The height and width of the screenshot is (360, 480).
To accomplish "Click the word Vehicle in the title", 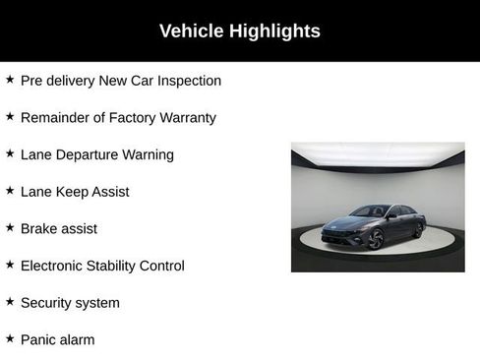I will pos(191,31).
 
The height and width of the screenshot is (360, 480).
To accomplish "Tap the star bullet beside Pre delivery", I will pos(10,80).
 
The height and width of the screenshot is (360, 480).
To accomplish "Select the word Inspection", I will pos(187,81).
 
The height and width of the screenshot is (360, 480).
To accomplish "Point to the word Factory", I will pos(129,118).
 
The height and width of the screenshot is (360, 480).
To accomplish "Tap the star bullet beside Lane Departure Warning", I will pos(10,153).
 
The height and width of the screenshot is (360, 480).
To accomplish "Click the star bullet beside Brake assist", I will pos(10,227).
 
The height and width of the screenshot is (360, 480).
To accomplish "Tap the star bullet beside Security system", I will pos(10,301).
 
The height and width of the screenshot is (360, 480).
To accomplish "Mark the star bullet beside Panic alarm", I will pos(10,338).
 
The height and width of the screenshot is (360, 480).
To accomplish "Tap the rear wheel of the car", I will pos(419,228).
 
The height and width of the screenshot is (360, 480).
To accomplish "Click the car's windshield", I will pos(373,211).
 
